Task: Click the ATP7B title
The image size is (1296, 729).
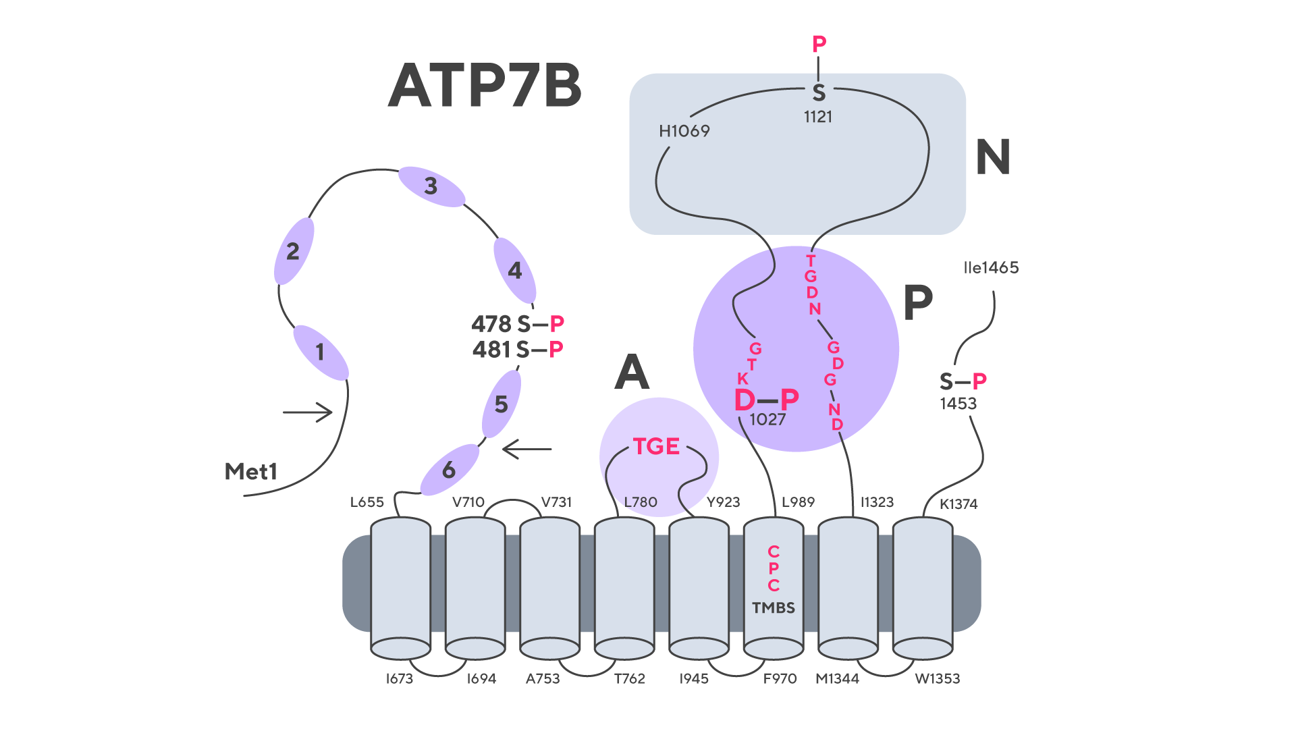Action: [x=485, y=86]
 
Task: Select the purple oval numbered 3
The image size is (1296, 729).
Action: [x=431, y=186]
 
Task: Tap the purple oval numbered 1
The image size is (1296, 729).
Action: [x=321, y=352]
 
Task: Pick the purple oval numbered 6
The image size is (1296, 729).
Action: [x=449, y=470]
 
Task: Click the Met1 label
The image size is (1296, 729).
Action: [x=250, y=472]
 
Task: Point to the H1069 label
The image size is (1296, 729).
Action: [x=684, y=131]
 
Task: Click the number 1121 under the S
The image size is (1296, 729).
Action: [x=817, y=117]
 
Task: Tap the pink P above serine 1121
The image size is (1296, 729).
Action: [x=819, y=45]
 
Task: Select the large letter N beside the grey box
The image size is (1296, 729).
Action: [x=992, y=157]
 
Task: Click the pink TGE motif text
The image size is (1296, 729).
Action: [x=655, y=447]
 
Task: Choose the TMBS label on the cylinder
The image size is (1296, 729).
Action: [x=774, y=608]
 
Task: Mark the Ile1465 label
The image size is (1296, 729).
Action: [x=991, y=268]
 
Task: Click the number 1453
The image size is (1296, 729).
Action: [x=958, y=404]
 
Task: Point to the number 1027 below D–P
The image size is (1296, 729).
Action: [x=767, y=420]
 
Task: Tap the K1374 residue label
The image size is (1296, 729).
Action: [x=959, y=504]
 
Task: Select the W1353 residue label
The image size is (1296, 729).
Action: [x=937, y=679]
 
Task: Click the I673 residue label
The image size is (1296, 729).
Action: [x=399, y=679]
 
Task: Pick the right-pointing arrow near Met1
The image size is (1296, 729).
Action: [x=308, y=412]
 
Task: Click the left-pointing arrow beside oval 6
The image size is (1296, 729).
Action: [x=527, y=449]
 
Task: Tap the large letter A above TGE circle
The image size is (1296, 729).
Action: [x=632, y=373]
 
